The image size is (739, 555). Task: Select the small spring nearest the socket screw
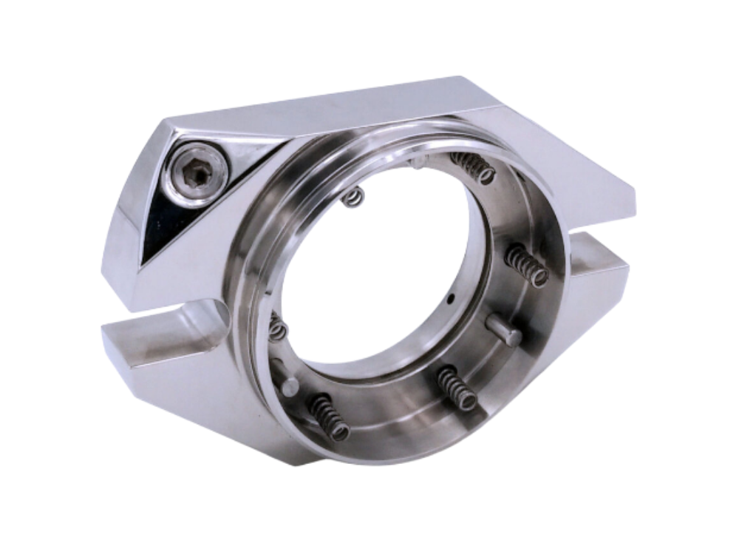(355, 197)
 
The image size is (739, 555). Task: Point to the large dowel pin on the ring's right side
(504, 329)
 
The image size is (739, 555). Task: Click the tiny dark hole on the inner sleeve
(451, 300)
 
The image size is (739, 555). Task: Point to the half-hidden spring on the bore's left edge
(276, 326)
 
